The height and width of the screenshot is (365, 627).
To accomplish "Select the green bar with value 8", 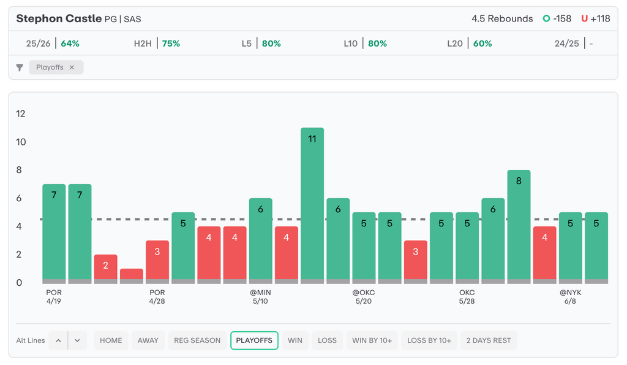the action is pyautogui.click(x=519, y=227).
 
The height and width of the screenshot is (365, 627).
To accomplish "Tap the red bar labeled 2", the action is pyautogui.click(x=105, y=269).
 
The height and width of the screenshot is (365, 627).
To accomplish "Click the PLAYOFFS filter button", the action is pyautogui.click(x=254, y=340).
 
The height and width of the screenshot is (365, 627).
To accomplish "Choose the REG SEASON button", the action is pyautogui.click(x=197, y=340).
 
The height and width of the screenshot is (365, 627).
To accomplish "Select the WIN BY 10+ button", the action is pyautogui.click(x=372, y=340).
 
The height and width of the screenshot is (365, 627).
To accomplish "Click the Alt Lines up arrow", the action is pyautogui.click(x=58, y=340).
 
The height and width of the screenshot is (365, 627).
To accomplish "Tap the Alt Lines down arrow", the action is pyautogui.click(x=78, y=340).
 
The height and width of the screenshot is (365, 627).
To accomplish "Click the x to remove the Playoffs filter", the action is pyautogui.click(x=72, y=67).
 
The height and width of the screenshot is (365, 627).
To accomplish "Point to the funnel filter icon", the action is pyautogui.click(x=20, y=67).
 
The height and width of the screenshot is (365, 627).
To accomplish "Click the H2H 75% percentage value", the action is pyautogui.click(x=171, y=44).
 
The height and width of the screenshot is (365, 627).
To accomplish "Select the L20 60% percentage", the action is pyautogui.click(x=482, y=44).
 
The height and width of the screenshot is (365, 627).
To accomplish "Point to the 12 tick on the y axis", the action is pyautogui.click(x=20, y=113).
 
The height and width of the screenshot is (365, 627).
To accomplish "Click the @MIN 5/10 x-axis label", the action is pyautogui.click(x=260, y=297).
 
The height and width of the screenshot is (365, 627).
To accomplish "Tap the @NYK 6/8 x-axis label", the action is pyautogui.click(x=570, y=297).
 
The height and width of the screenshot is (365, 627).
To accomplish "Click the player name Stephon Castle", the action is pyautogui.click(x=59, y=18).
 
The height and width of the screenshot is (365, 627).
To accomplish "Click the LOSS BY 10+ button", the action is pyautogui.click(x=429, y=340).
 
